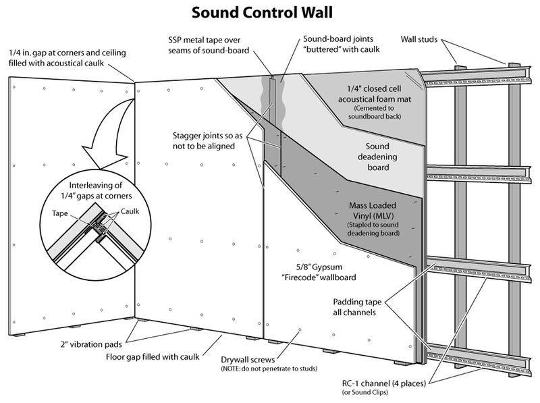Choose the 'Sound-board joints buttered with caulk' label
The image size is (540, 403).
coord(342,44)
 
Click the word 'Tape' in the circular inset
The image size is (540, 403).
coord(60,211)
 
